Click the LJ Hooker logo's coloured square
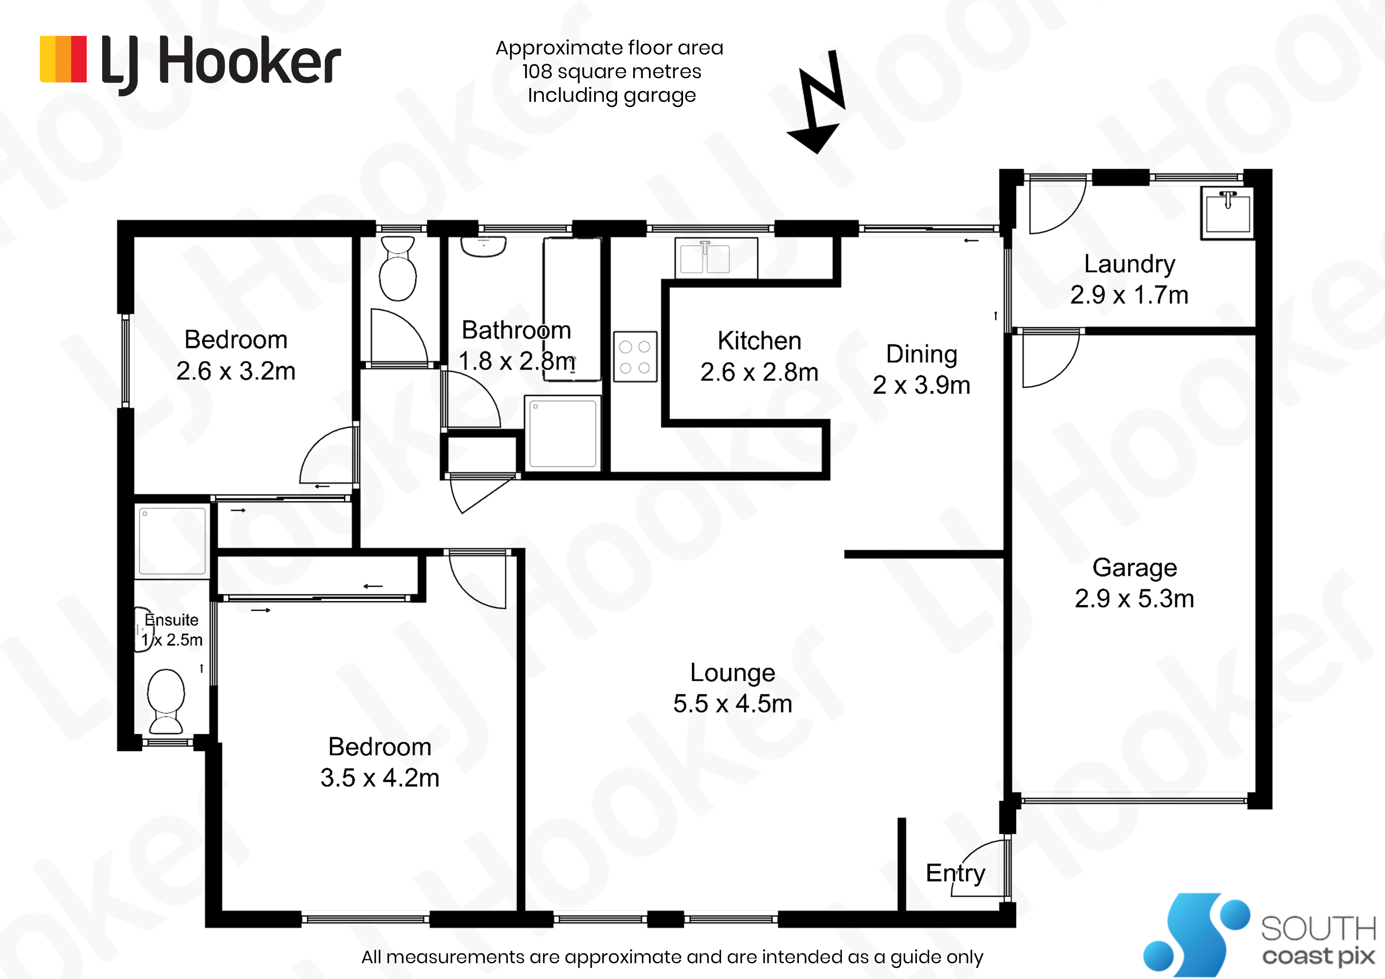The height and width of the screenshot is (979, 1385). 63,59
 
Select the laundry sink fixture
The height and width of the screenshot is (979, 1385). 1227,212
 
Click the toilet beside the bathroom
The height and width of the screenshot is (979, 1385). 398,268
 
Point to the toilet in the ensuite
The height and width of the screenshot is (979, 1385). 166,700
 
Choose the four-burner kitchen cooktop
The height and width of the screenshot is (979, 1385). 635,356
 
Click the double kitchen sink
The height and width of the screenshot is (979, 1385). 716,257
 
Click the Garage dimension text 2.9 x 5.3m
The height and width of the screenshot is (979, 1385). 1134,599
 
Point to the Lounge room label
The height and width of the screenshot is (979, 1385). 732,673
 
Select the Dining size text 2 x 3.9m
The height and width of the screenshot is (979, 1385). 921,385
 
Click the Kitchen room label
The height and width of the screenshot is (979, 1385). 760,341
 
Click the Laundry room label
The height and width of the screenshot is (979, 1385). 1129,264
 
